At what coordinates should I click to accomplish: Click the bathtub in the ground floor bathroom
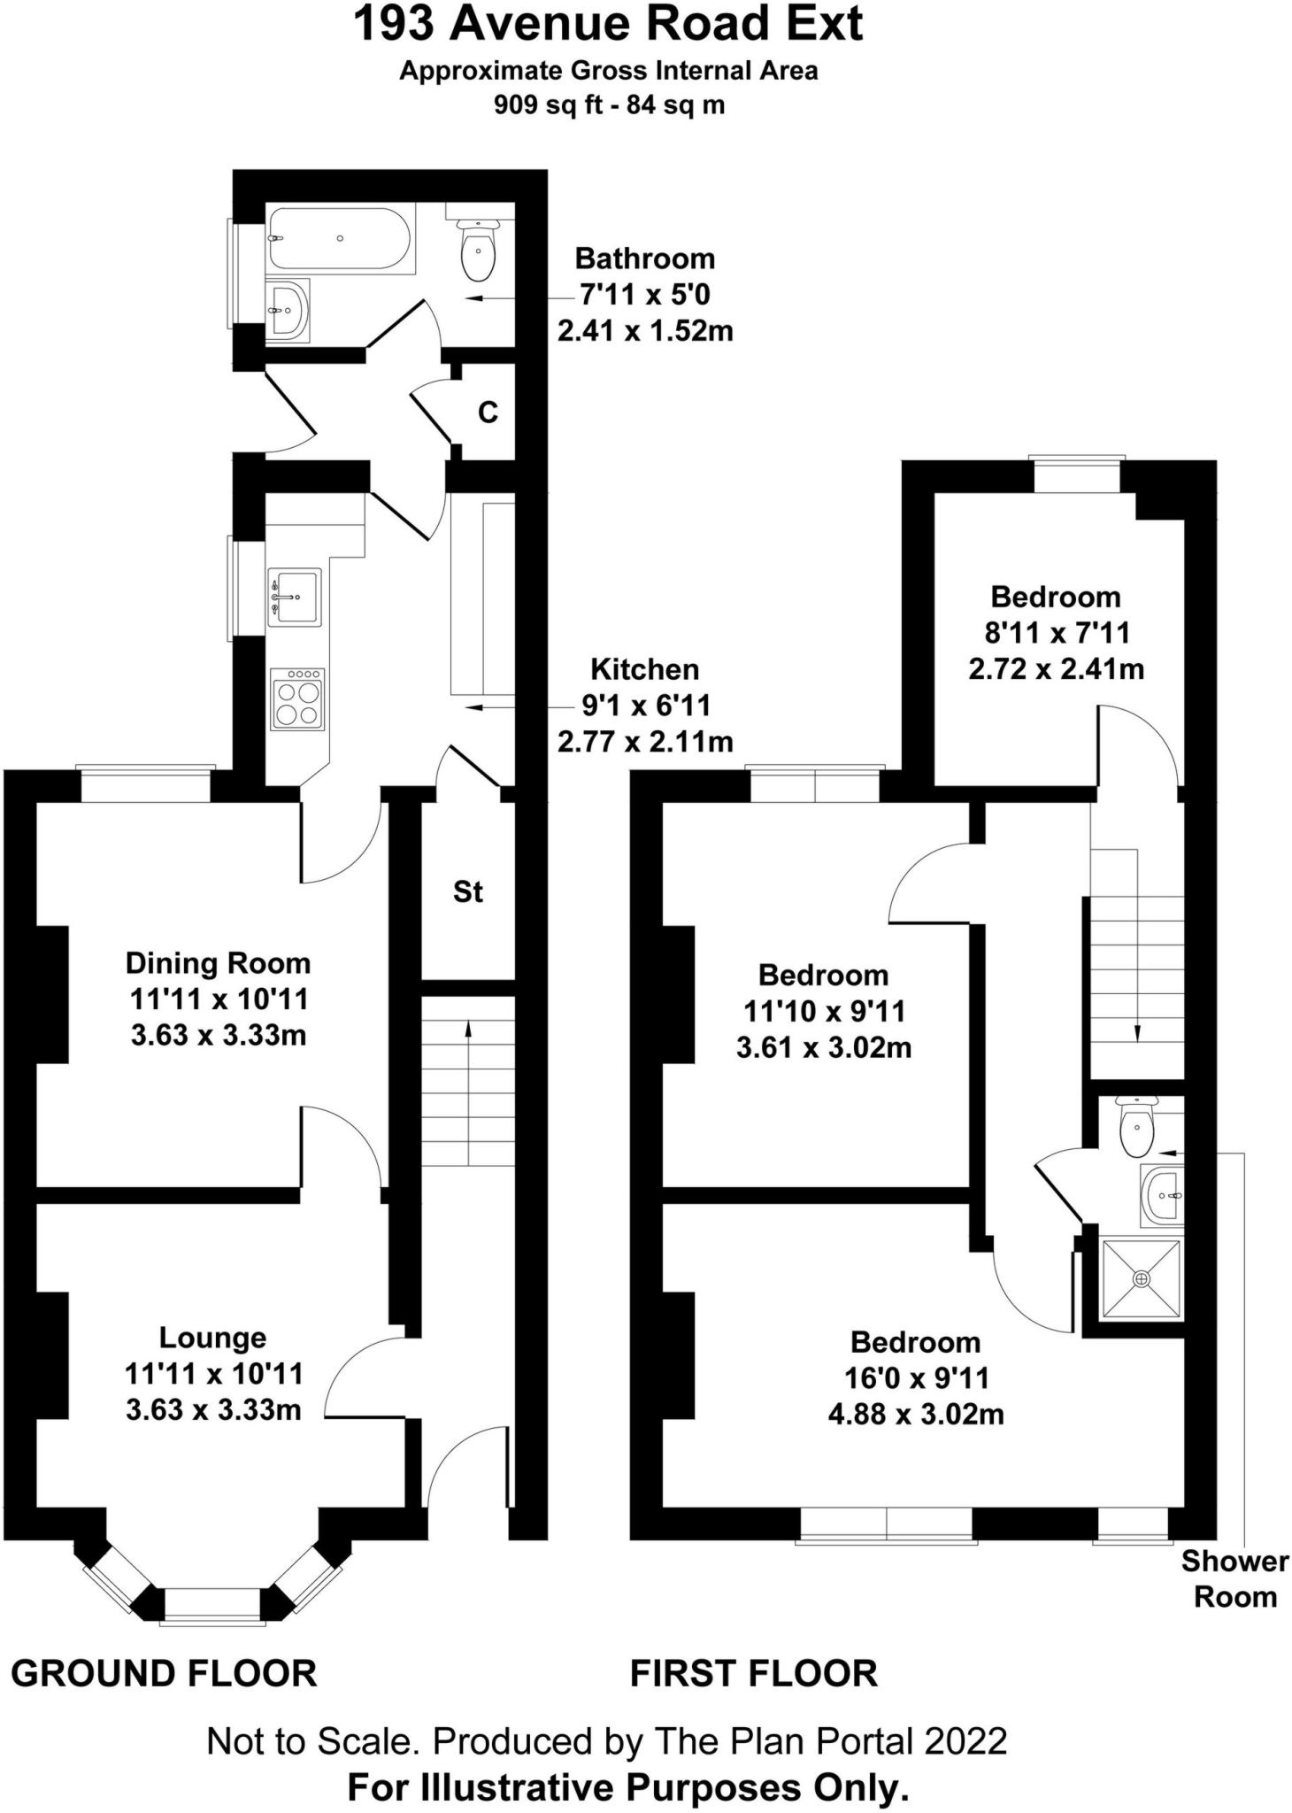[x=339, y=238]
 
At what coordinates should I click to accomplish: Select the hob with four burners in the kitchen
[x=297, y=698]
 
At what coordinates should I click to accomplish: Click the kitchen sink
[x=294, y=596]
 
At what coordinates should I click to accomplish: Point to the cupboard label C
[x=488, y=413]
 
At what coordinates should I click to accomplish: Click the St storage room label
[x=467, y=891]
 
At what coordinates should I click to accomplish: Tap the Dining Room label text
[x=218, y=963]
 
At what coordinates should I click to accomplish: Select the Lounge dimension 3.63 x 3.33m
[x=213, y=1409]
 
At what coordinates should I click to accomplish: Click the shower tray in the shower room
[x=1141, y=1279]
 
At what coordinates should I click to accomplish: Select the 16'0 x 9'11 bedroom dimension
[x=915, y=1378]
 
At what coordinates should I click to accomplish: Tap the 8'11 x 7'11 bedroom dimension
[x=1056, y=633]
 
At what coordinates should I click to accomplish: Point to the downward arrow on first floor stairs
[x=1137, y=1030]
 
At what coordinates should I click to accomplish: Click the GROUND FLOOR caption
[x=164, y=1674]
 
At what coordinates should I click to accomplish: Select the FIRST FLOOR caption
[x=753, y=1674]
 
